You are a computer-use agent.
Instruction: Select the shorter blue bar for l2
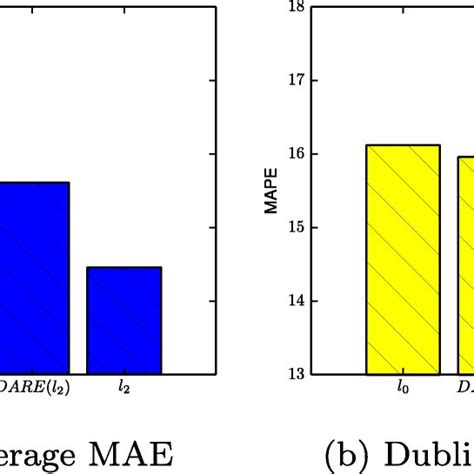[x=124, y=320]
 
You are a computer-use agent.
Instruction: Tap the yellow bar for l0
[x=403, y=260]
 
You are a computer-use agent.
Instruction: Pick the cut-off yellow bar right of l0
[x=465, y=265]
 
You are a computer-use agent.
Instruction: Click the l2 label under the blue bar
[x=124, y=389]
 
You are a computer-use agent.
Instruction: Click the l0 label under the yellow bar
[x=403, y=389]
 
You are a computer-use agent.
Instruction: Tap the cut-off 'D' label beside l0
[x=465, y=389]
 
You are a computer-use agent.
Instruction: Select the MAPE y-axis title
[x=271, y=190]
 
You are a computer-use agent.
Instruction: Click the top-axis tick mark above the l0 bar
[x=403, y=9]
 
